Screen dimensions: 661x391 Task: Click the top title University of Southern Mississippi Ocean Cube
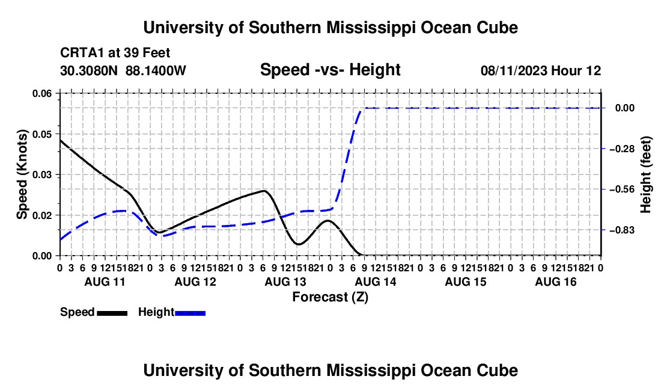pyautogui.click(x=330, y=28)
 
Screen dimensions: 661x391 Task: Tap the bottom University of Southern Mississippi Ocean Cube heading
pyautogui.click(x=330, y=371)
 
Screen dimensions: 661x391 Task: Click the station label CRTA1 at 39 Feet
pyautogui.click(x=115, y=53)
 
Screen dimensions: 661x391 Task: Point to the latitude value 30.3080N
pyautogui.click(x=89, y=70)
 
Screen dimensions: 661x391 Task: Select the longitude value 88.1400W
pyautogui.click(x=156, y=70)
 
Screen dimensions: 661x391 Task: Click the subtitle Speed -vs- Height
pyautogui.click(x=330, y=70)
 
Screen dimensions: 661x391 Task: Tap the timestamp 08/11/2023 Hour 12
pyautogui.click(x=541, y=70)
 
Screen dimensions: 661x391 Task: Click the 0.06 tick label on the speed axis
pyautogui.click(x=41, y=93)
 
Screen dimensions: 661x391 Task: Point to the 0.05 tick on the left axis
pyautogui.click(x=41, y=134)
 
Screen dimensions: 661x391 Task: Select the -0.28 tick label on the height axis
pyautogui.click(x=622, y=149)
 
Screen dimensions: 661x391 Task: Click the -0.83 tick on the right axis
pyautogui.click(x=622, y=230)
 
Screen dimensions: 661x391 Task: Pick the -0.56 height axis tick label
pyautogui.click(x=622, y=189)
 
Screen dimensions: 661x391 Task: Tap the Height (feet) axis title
pyautogui.click(x=645, y=174)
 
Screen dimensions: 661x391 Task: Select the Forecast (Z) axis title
pyautogui.click(x=330, y=297)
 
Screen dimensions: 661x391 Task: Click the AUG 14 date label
pyautogui.click(x=376, y=282)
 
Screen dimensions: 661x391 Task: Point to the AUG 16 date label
pyautogui.click(x=556, y=282)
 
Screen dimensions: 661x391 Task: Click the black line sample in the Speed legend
pyautogui.click(x=112, y=313)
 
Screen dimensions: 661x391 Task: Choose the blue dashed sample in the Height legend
pyautogui.click(x=190, y=313)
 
